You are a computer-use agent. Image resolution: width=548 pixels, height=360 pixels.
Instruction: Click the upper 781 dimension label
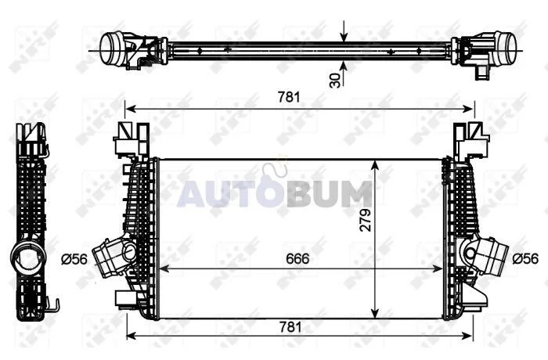(x=289, y=97)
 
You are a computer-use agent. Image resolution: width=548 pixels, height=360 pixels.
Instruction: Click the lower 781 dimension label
(x=290, y=327)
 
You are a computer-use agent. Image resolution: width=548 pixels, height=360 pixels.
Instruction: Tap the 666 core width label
(x=297, y=258)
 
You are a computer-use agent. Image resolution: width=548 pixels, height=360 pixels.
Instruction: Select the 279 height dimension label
(x=366, y=220)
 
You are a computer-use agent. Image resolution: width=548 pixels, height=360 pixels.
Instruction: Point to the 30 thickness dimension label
(x=335, y=80)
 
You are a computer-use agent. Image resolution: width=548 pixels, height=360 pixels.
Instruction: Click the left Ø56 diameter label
(x=74, y=259)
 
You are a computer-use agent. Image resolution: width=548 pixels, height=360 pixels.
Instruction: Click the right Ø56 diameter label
(x=525, y=258)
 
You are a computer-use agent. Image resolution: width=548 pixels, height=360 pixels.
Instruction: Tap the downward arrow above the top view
(x=344, y=31)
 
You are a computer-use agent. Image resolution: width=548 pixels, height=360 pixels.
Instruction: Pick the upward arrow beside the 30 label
(x=344, y=74)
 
